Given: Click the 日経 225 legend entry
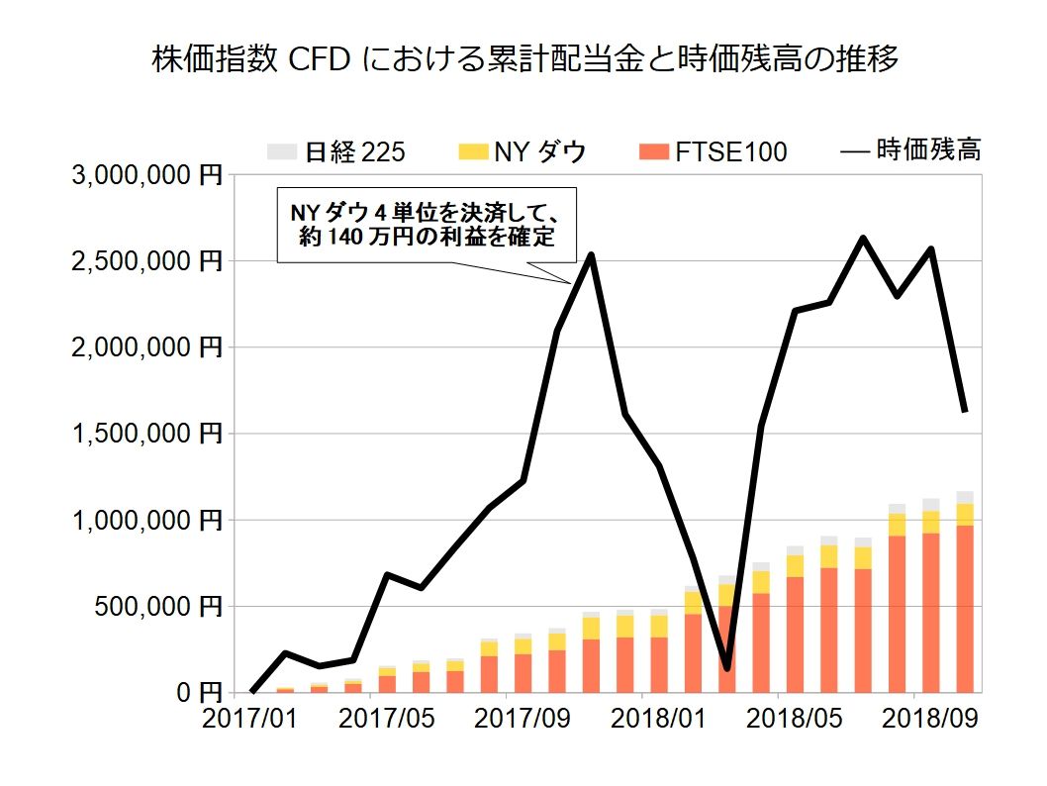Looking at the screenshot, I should click(336, 151).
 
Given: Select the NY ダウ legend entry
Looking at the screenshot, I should click(523, 151).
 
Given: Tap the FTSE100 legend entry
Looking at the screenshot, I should click(714, 151).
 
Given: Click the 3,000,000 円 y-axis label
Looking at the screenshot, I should click(147, 176).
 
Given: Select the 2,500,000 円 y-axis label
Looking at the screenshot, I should click(147, 262).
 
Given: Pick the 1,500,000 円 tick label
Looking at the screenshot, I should click(147, 434).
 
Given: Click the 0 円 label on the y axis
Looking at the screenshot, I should click(192, 692).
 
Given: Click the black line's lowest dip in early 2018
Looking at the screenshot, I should click(726, 669).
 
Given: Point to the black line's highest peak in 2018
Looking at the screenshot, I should click(862, 238).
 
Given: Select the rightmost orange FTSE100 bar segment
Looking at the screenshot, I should click(965, 608).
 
